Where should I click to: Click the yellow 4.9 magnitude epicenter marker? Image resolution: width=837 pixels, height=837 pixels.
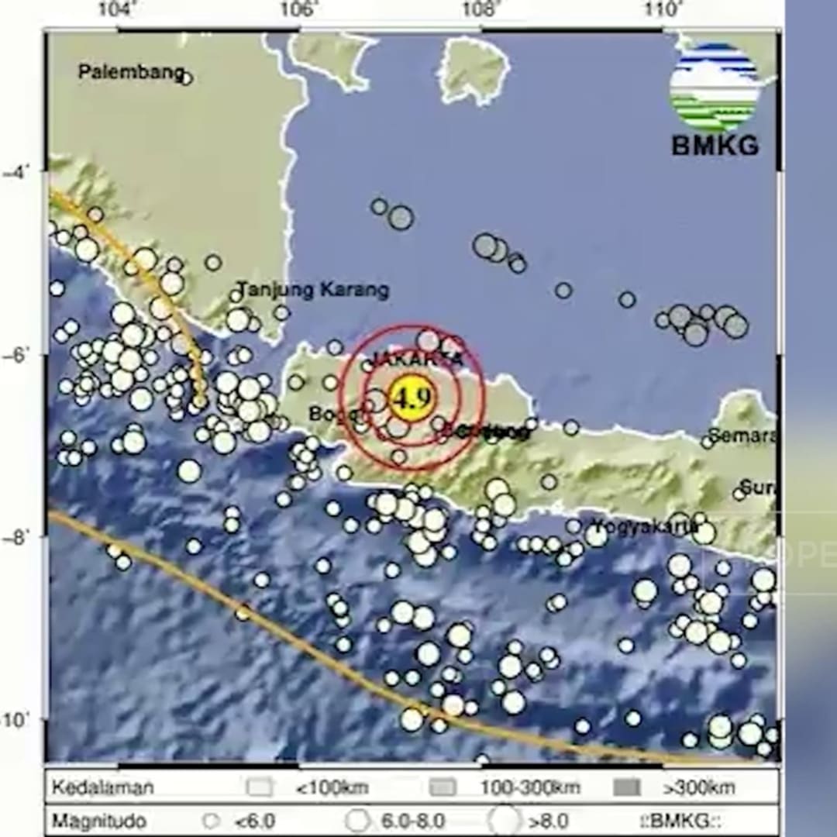412,399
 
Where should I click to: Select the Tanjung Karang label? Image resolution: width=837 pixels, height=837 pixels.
312,291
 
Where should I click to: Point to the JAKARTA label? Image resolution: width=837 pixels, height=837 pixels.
418,359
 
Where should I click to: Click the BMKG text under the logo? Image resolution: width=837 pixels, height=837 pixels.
715,145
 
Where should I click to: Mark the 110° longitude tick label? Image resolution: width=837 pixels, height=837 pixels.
663,10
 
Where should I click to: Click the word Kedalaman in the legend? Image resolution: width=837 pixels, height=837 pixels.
103,788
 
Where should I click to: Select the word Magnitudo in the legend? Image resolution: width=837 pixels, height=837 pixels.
99,821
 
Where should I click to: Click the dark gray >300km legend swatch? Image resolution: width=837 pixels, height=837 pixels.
627,788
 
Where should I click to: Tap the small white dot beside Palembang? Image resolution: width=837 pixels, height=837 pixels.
186,77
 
